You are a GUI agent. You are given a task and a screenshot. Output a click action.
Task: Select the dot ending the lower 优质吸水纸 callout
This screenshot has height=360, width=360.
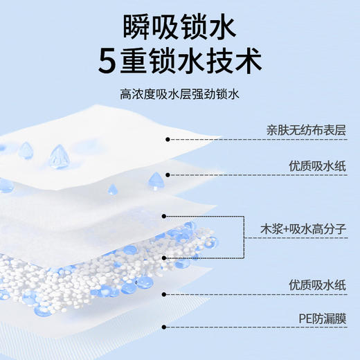[164, 294]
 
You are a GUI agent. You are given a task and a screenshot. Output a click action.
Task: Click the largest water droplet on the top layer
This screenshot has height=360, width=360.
[59, 155]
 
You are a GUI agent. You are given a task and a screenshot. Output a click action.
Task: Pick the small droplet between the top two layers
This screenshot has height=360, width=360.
[112, 189]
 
